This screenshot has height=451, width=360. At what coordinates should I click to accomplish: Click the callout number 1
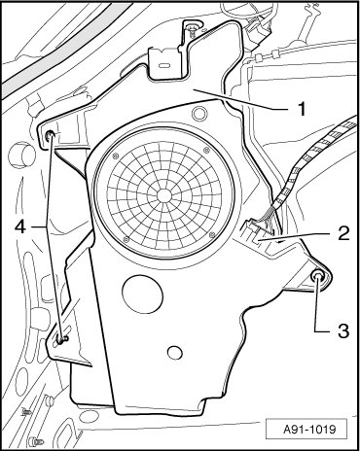point(302,109)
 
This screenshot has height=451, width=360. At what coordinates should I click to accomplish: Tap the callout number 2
point(343,233)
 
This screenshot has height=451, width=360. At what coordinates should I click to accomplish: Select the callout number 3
point(343,330)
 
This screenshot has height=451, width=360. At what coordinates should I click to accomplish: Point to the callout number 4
point(20,226)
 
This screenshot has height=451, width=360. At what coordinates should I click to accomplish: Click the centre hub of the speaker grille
point(164,195)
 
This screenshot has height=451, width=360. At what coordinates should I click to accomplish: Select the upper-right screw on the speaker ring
point(206,150)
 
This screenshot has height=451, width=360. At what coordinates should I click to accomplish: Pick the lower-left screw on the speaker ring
point(126,240)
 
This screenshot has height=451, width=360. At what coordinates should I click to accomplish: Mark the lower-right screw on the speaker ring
point(212,234)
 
